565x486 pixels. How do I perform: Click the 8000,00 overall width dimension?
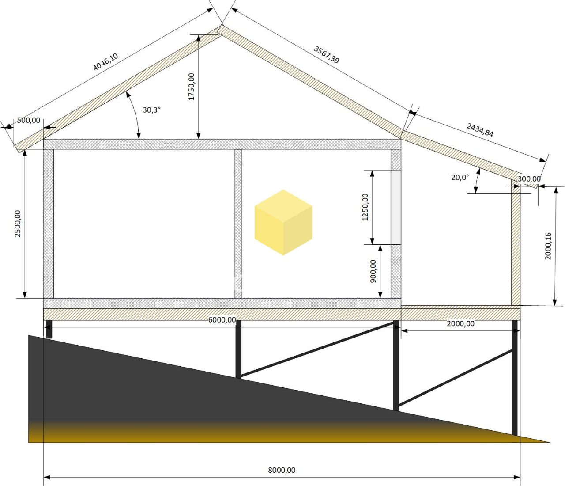(282, 470)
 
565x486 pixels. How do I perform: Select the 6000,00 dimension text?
(222, 319)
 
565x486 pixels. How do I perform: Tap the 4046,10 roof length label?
(105, 61)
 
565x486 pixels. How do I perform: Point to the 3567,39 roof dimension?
(326, 54)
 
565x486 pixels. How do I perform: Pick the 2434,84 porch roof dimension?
(480, 130)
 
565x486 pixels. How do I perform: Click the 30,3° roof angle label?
(152, 110)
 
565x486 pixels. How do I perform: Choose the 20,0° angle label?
(460, 177)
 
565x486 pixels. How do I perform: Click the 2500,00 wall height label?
(18, 224)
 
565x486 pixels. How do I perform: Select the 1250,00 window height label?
(365, 207)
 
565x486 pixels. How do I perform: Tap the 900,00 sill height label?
(373, 271)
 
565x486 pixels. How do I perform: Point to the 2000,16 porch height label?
(548, 246)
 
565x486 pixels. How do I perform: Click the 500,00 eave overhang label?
(28, 120)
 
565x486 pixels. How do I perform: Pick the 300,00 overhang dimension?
(529, 179)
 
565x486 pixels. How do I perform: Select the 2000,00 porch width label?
(460, 323)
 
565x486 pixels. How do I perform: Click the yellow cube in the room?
(283, 222)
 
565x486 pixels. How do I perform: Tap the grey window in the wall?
(396, 207)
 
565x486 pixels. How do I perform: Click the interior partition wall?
(238, 224)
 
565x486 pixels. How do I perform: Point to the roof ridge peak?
(222, 26)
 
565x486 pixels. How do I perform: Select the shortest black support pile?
(49, 329)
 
